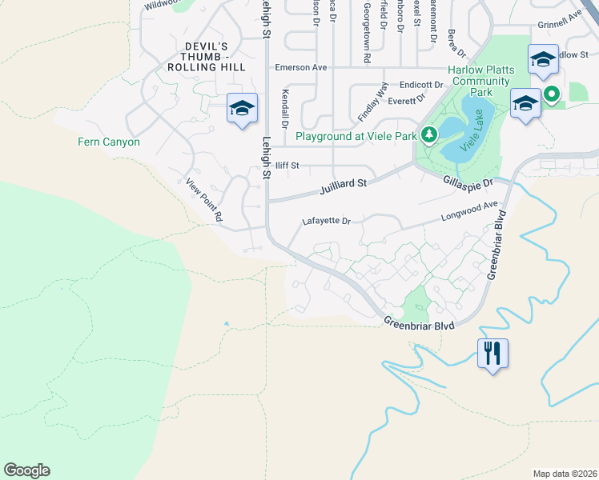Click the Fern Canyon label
tap(109, 142)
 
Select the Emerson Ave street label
tap(301, 68)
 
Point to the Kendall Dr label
tap(285, 110)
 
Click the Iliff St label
tap(287, 166)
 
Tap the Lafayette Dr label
tap(327, 221)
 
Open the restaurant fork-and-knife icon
tap(492, 351)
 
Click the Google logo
tap(26, 470)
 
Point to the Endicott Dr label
tap(421, 85)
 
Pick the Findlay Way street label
tap(373, 102)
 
